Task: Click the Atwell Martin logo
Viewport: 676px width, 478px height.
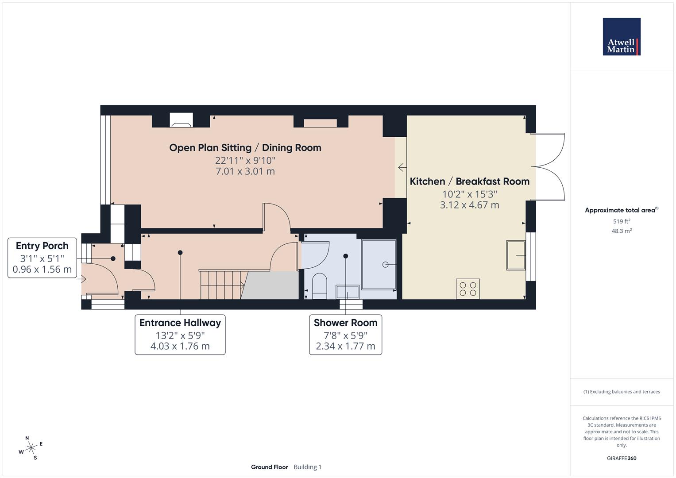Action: coord(621,37)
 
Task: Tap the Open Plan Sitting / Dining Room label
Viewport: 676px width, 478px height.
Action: coord(245,148)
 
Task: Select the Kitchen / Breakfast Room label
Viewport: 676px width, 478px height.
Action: coord(469,181)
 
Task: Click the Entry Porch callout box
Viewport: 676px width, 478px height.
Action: coord(42,258)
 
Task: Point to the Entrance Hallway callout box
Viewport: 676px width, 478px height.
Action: coord(180,335)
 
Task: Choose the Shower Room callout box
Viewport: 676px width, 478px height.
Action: coord(345,335)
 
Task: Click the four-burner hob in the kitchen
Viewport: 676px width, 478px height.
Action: coord(468,289)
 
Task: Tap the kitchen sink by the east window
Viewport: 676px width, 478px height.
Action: coord(516,255)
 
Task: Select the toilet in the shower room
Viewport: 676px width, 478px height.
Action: coord(319,285)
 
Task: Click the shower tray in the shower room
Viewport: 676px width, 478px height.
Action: coord(379,265)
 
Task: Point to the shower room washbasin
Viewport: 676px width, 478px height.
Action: coord(348,292)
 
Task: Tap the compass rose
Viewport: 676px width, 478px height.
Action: coord(31,448)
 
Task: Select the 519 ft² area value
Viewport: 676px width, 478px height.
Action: coord(622,221)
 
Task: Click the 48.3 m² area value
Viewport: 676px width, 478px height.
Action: coord(622,231)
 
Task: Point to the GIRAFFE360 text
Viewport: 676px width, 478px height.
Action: coord(622,459)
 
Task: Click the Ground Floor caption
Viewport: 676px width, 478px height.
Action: coord(269,467)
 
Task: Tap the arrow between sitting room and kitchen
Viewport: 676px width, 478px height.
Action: coord(402,168)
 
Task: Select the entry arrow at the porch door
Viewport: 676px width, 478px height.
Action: coord(82,279)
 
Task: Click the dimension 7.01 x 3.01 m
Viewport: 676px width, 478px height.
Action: coord(245,171)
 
